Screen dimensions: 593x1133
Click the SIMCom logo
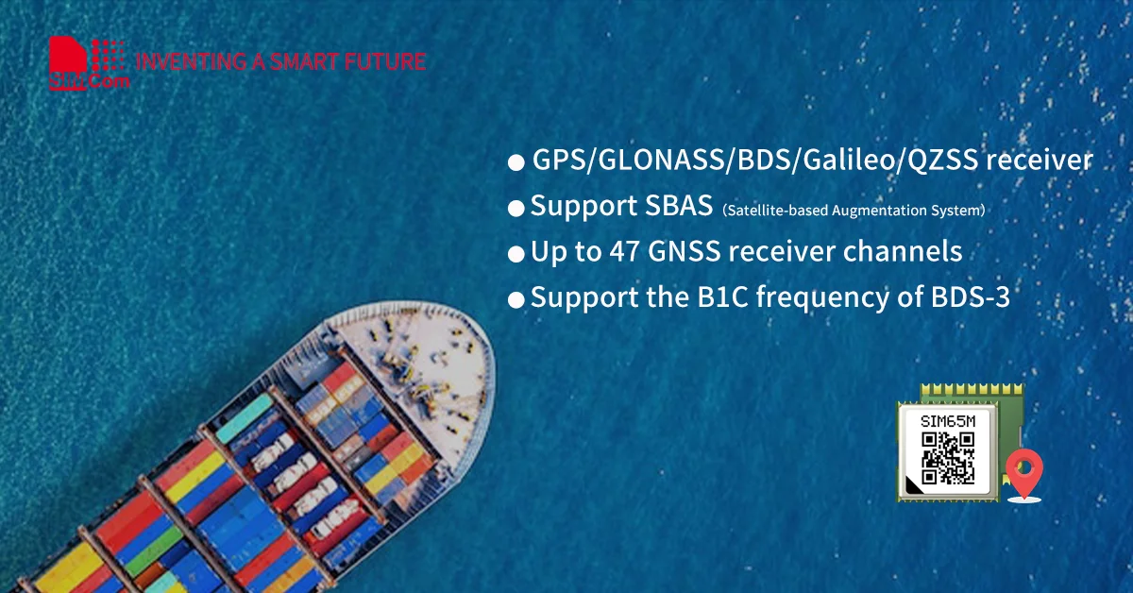click(x=87, y=64)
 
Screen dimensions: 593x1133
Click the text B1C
click(x=703, y=297)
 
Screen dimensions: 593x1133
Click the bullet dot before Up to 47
click(x=516, y=254)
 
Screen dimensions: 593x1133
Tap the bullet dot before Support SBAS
click(x=516, y=209)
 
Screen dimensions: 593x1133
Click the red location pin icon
click(x=1023, y=471)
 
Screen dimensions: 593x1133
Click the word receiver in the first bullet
click(x=1039, y=161)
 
